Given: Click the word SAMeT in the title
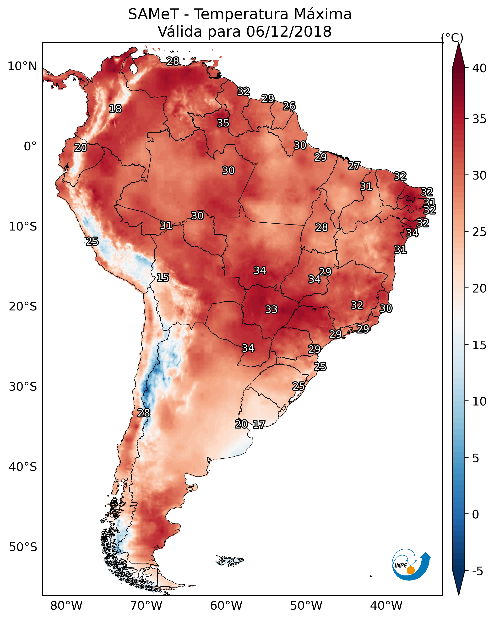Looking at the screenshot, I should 153,14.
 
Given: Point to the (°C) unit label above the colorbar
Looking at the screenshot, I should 452,38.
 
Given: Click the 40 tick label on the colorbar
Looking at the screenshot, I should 479,68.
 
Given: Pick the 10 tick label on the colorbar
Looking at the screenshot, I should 479,401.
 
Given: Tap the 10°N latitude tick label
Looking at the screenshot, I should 22,66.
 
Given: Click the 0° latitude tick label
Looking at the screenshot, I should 30,146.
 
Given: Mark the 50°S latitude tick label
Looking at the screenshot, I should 23,547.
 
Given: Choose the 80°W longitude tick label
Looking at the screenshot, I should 66,606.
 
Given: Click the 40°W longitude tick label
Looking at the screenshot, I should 386,606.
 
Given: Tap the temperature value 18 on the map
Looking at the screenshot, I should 115,109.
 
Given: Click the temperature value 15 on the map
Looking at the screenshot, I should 163,277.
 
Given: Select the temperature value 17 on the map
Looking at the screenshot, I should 259,424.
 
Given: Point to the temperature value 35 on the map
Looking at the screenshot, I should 223,123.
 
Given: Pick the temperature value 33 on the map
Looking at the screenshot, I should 271,309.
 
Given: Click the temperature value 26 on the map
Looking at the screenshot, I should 289,106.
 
